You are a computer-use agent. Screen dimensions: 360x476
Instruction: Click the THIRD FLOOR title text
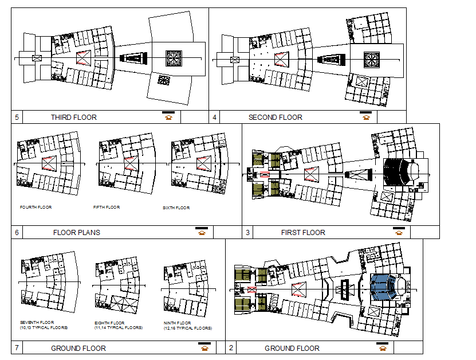[73, 118]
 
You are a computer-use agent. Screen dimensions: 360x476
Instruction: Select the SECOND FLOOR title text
[275, 118]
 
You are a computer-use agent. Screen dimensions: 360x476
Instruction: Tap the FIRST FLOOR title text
[302, 233]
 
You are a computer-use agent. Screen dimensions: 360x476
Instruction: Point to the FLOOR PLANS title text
[76, 233]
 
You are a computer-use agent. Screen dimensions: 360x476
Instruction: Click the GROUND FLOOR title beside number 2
[292, 348]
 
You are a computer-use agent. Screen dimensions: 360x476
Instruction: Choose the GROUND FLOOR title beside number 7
[78, 348]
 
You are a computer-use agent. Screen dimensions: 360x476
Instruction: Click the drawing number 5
[17, 118]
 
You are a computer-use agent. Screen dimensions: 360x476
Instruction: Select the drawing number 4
[214, 118]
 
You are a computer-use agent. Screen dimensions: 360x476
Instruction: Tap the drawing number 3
[247, 233]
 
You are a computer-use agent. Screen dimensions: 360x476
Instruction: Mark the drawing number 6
[17, 233]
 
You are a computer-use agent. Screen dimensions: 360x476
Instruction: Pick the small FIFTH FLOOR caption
[107, 207]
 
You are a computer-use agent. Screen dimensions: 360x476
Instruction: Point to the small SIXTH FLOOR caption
[176, 208]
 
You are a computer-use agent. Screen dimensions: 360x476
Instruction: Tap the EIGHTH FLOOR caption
[109, 323]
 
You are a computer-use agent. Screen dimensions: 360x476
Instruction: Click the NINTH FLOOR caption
[178, 323]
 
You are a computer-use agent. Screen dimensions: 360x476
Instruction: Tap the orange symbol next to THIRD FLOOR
[168, 118]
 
